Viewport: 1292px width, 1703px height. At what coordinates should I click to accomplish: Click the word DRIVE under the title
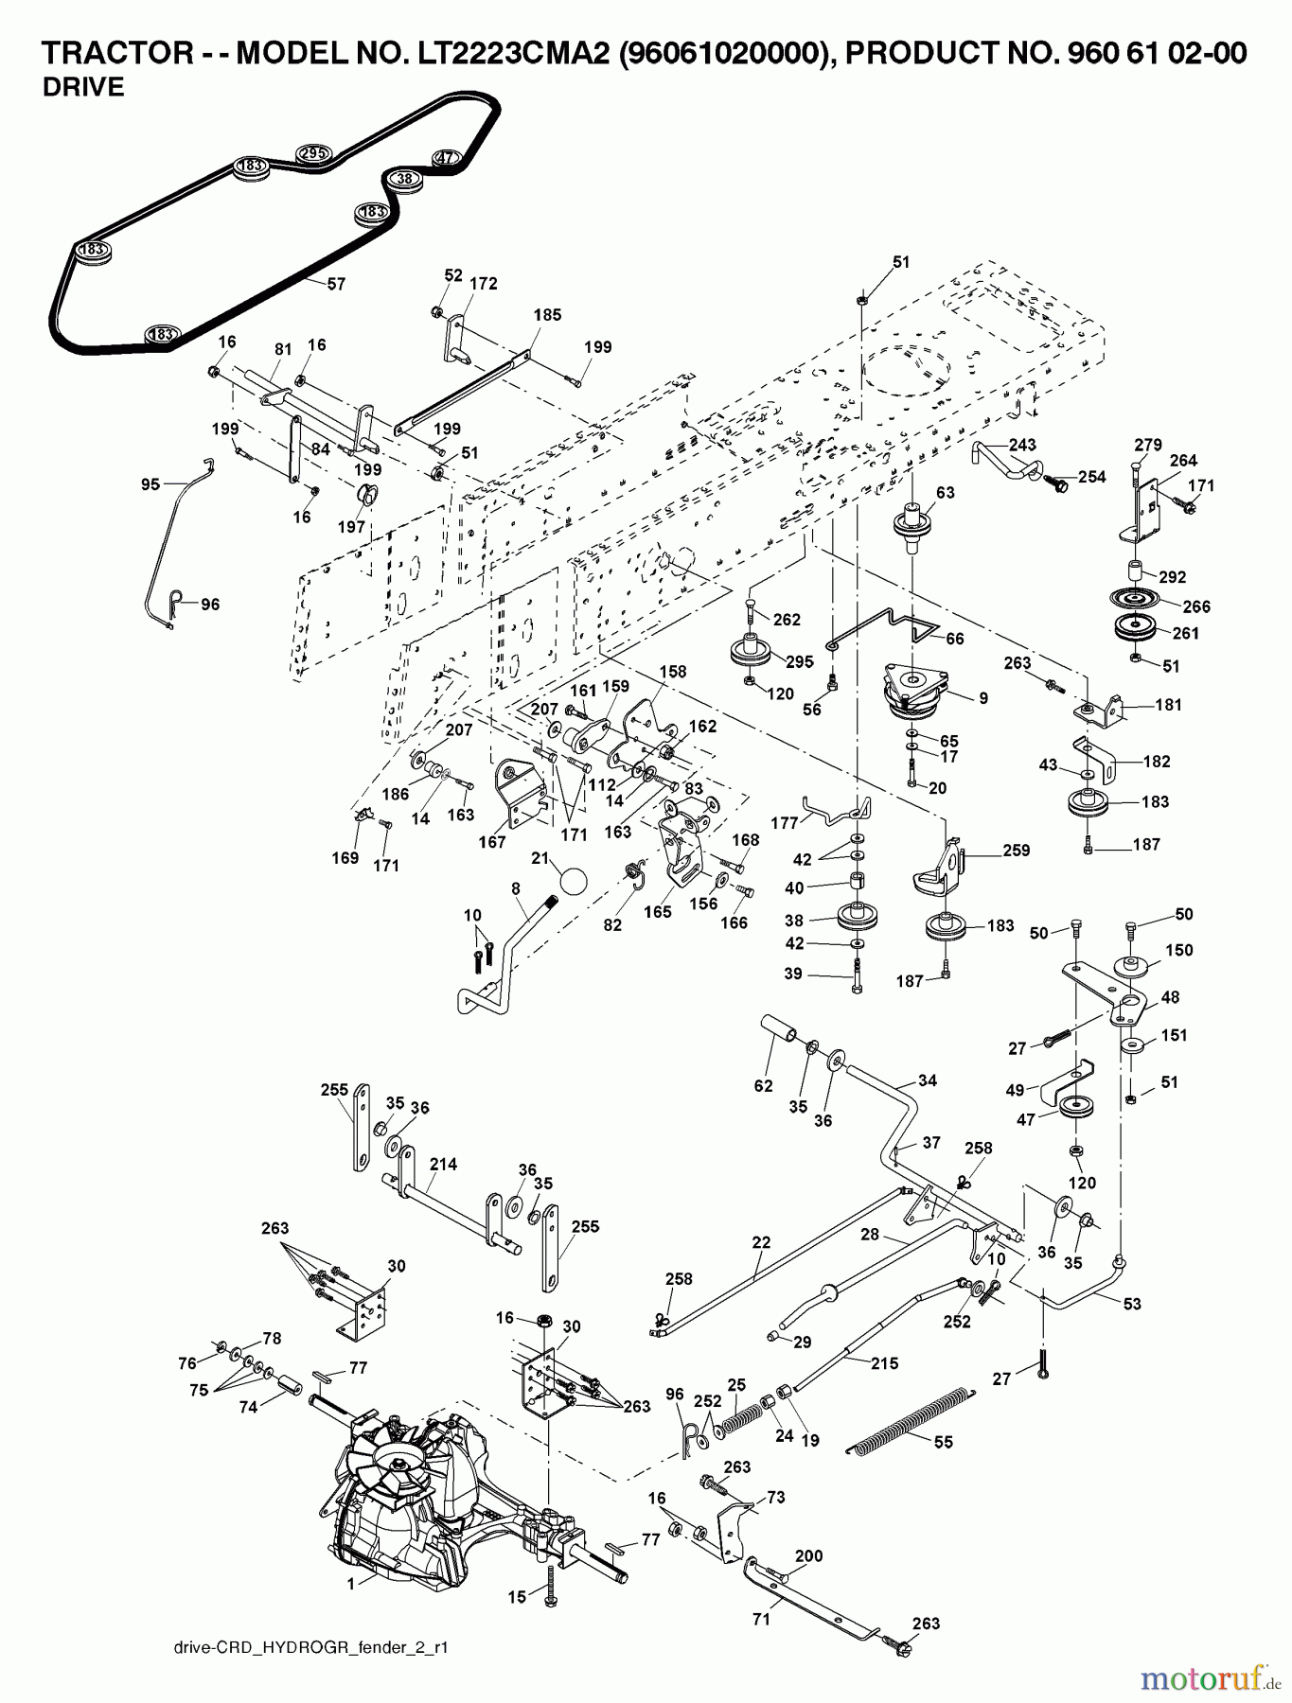pyautogui.click(x=83, y=87)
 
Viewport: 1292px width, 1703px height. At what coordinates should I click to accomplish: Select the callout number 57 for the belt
pyautogui.click(x=336, y=283)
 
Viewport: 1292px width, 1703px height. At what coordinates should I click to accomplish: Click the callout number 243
pyautogui.click(x=1022, y=445)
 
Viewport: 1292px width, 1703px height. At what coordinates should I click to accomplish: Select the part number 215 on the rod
pyautogui.click(x=884, y=1363)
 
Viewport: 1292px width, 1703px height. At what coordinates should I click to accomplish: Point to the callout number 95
pyautogui.click(x=150, y=484)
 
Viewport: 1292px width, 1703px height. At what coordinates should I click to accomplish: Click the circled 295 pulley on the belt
pyautogui.click(x=312, y=153)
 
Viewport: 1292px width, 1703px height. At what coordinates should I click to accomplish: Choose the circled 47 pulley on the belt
pyautogui.click(x=445, y=158)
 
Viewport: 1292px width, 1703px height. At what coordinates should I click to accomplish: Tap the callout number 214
pyautogui.click(x=443, y=1165)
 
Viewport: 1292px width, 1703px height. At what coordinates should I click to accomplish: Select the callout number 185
pyautogui.click(x=547, y=315)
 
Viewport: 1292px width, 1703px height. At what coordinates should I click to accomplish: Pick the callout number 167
pyautogui.click(x=492, y=841)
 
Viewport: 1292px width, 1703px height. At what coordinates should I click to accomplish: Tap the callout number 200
pyautogui.click(x=808, y=1556)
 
